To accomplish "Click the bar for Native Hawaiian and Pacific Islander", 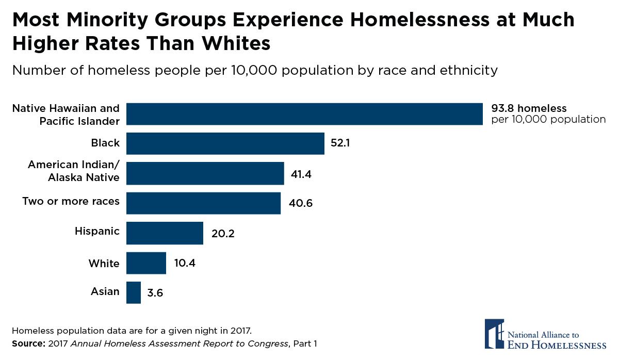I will tap(304, 114).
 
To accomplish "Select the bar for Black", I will tap(225, 143).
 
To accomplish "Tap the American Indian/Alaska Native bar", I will tap(205, 173).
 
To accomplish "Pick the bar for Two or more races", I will tap(203, 203).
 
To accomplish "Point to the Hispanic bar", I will tap(165, 233).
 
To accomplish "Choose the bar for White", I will tap(146, 263).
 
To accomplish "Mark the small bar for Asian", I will tap(134, 292).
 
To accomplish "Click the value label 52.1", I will tap(340, 143).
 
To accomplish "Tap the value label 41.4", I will tap(302, 174).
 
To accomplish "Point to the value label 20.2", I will tap(223, 234).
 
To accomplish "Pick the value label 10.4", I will tap(185, 263).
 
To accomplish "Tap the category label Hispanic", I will tap(97, 231).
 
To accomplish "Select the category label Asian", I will tap(105, 291).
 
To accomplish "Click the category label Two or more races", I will tap(71, 201).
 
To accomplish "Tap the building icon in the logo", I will tap(494, 334).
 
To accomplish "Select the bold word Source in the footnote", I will tap(27, 343).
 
